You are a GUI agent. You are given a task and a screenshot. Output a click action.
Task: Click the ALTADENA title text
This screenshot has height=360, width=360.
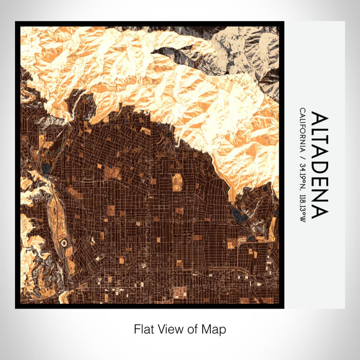point(319,165)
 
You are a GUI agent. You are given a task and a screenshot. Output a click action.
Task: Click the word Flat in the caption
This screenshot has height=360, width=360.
point(143,329)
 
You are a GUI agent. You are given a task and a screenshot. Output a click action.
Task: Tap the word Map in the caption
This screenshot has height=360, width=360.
point(215,329)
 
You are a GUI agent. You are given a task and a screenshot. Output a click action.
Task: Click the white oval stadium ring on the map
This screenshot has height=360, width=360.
point(64,241)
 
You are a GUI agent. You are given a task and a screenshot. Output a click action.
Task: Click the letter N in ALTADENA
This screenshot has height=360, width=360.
point(319,197)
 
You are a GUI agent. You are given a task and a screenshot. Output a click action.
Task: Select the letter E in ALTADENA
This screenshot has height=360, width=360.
point(319,184)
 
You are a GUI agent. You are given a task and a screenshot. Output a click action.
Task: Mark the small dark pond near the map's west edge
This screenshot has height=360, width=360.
point(47,168)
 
